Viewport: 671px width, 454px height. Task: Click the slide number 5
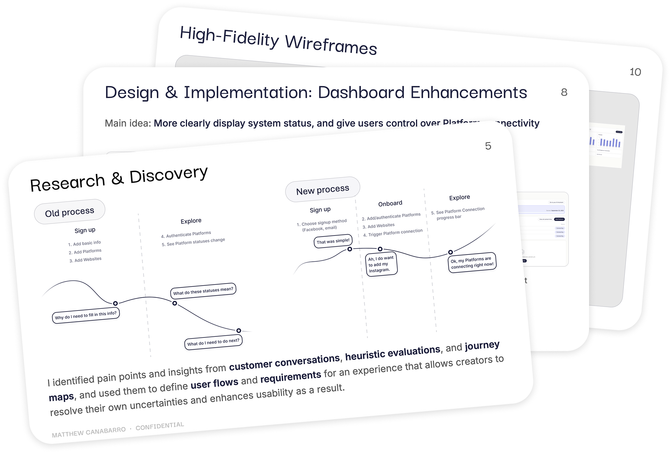(x=488, y=146)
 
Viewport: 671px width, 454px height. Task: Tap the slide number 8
(x=564, y=92)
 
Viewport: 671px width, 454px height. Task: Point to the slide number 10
(x=635, y=72)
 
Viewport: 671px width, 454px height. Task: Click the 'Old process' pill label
(x=70, y=212)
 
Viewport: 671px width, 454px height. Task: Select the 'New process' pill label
(x=323, y=189)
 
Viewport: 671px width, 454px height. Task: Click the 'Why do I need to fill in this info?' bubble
(x=86, y=315)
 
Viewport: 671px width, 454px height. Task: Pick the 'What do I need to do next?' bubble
(x=213, y=342)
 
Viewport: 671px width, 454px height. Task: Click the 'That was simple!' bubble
(x=333, y=241)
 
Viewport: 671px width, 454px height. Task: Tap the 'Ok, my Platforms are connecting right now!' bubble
(x=472, y=263)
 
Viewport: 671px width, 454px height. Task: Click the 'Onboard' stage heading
(x=390, y=203)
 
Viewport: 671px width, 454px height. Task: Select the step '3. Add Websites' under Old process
(x=85, y=260)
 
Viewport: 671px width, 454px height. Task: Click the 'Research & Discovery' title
(x=119, y=179)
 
